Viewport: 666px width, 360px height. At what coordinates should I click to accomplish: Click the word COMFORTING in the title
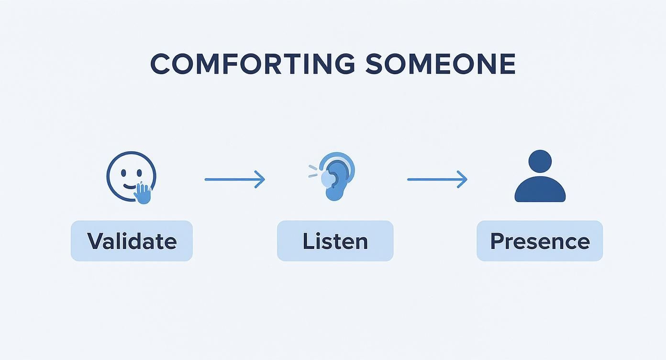[253, 64]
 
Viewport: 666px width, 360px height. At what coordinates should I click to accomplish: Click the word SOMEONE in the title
[440, 64]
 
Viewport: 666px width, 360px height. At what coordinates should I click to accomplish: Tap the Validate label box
[132, 241]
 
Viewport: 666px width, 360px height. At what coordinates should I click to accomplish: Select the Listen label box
[335, 241]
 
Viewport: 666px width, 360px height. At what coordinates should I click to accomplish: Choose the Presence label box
[540, 241]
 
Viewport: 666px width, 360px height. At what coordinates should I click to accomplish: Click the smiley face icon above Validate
[131, 176]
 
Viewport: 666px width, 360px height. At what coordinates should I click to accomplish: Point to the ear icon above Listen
[337, 177]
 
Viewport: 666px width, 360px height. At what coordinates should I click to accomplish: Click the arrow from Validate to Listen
[234, 180]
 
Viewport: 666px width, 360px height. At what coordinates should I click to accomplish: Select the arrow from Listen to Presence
[437, 180]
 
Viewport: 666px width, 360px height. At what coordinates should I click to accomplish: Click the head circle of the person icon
[540, 161]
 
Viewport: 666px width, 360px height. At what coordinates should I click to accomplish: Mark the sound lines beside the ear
[313, 170]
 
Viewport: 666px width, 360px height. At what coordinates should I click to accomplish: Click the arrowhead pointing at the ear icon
[260, 180]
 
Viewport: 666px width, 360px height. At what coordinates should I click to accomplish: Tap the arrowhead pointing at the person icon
[463, 180]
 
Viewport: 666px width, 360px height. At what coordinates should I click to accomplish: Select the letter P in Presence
[498, 241]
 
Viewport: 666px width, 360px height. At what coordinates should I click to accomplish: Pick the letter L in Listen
[308, 241]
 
